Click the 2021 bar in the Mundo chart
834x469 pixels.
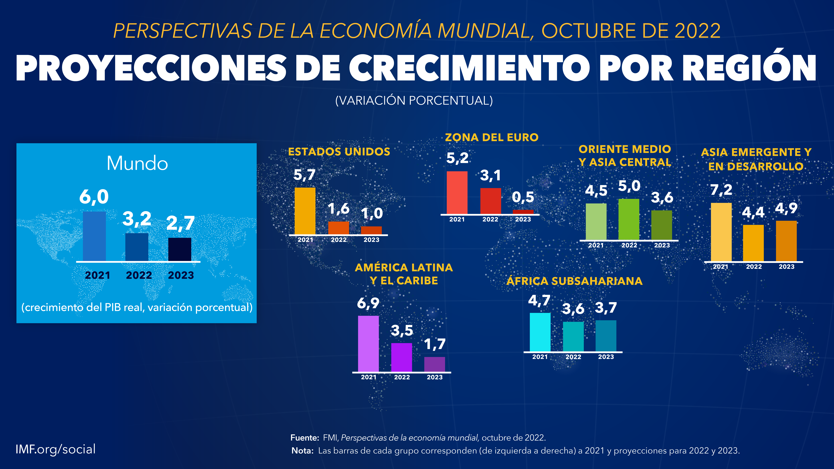94,236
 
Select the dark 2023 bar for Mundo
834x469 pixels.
180,249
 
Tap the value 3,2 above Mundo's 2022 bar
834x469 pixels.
137,219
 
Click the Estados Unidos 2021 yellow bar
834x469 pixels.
305,211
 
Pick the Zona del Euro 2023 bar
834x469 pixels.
523,212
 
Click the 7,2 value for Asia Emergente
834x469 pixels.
721,190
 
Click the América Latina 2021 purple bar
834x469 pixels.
368,344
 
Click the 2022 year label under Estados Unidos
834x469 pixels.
339,240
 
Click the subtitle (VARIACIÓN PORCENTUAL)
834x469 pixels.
414,101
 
